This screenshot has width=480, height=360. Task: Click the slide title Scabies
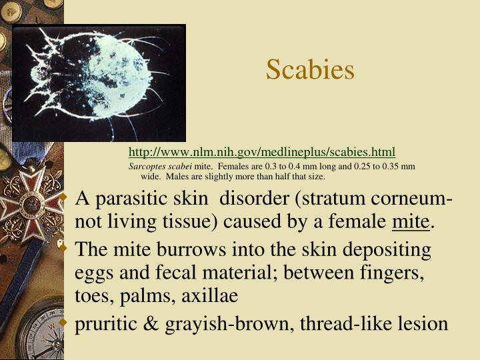[x=310, y=69]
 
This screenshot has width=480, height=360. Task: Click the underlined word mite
[x=410, y=221]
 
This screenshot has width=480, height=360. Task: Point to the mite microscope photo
[x=99, y=83]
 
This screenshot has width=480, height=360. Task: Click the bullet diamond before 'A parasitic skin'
[x=64, y=199]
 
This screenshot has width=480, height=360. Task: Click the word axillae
[x=209, y=295]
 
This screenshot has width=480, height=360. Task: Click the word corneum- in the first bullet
[x=412, y=199]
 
